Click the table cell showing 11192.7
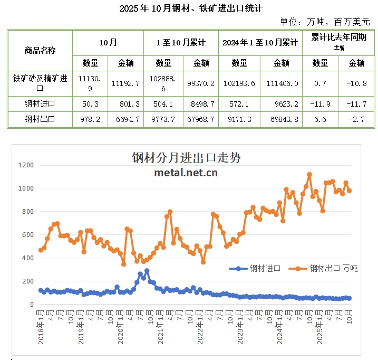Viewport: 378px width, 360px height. (125, 83)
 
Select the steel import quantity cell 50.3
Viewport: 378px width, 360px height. (90, 103)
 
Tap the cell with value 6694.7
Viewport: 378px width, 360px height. (125, 119)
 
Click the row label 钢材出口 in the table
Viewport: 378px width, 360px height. (40, 119)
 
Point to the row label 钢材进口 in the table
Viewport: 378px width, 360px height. (40, 103)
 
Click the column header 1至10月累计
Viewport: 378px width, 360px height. (181, 42)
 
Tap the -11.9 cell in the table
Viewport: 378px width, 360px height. (321, 103)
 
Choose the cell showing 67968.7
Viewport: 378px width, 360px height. (201, 119)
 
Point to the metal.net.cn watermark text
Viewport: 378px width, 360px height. (186, 172)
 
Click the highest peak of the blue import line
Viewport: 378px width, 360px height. (147, 271)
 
